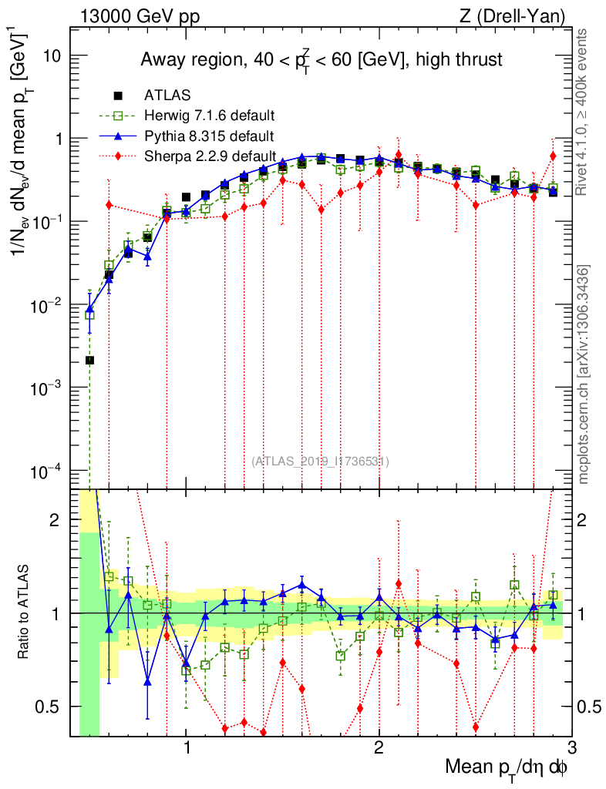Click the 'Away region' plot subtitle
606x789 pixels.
point(322,59)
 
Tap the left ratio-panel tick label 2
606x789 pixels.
point(59,520)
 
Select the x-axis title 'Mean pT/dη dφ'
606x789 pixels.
point(507,768)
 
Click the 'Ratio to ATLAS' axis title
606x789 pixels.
point(25,613)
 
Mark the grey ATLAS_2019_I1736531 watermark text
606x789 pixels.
point(320,462)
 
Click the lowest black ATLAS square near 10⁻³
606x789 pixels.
point(90,360)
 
